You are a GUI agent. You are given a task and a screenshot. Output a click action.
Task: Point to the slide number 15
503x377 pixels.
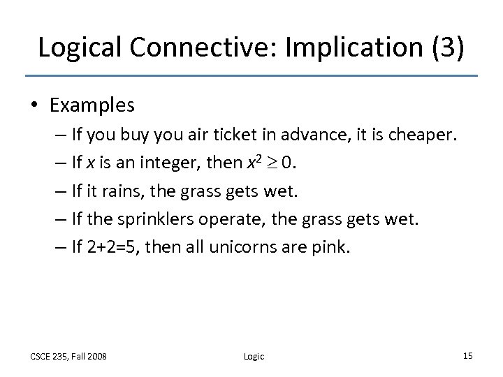coord(467,356)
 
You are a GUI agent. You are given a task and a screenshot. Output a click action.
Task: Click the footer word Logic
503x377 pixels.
coord(254,357)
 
